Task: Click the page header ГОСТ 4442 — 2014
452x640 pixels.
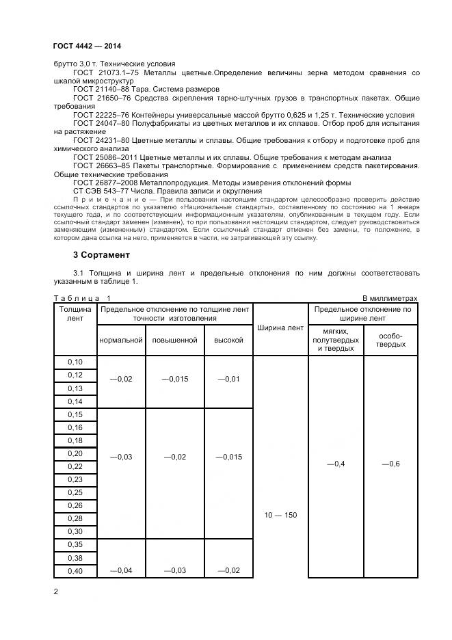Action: [x=83, y=46]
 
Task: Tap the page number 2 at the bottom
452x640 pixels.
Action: [x=56, y=591]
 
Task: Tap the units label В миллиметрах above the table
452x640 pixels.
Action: [x=388, y=298]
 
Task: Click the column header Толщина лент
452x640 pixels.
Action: [x=75, y=314]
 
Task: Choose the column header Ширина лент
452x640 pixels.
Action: [x=280, y=328]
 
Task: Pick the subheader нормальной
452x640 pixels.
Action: [x=120, y=340]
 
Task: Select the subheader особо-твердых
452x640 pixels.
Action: [x=390, y=340]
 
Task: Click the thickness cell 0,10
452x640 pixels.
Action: [x=75, y=362]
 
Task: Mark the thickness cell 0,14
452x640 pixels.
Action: [x=75, y=401]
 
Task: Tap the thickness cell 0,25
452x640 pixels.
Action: [x=75, y=492]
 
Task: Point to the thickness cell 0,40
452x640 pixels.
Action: [x=75, y=571]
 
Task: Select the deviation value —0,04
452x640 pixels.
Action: [x=120, y=571]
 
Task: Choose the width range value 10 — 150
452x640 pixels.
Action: [x=280, y=514]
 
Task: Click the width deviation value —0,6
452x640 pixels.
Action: [x=390, y=464]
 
